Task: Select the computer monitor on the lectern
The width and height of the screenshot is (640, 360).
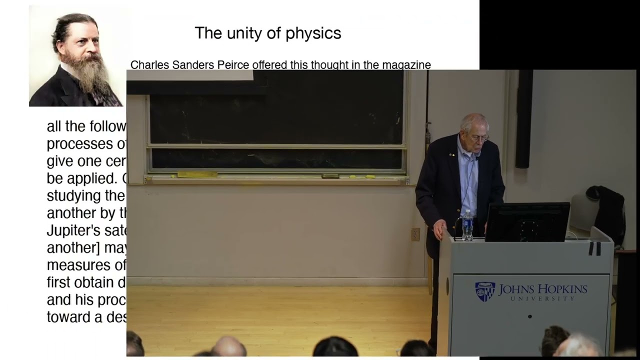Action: pyautogui.click(x=527, y=221)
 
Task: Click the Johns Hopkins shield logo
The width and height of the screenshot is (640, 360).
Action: pyautogui.click(x=484, y=291)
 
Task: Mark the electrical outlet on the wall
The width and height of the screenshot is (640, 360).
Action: pyautogui.click(x=415, y=234)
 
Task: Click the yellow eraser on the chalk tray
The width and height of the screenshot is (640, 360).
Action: pyautogui.click(x=197, y=174)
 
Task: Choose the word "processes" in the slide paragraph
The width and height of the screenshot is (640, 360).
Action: pyautogui.click(x=80, y=144)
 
